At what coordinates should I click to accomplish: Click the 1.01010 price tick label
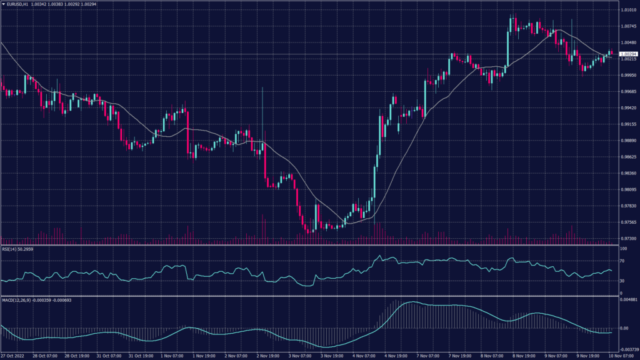pyautogui.click(x=628, y=11)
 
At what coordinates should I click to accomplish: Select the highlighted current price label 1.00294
pyautogui.click(x=628, y=54)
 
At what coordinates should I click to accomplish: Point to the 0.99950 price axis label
pyautogui.click(x=628, y=76)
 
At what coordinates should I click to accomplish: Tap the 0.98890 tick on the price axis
pyautogui.click(x=628, y=141)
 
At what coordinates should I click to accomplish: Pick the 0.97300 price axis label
pyautogui.click(x=628, y=239)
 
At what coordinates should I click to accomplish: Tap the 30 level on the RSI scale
pyautogui.click(x=622, y=281)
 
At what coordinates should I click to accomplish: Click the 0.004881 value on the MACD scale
pyautogui.click(x=628, y=301)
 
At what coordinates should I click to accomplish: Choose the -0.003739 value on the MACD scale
pyautogui.click(x=628, y=350)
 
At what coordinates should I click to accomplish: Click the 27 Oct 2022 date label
pyautogui.click(x=12, y=356)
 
